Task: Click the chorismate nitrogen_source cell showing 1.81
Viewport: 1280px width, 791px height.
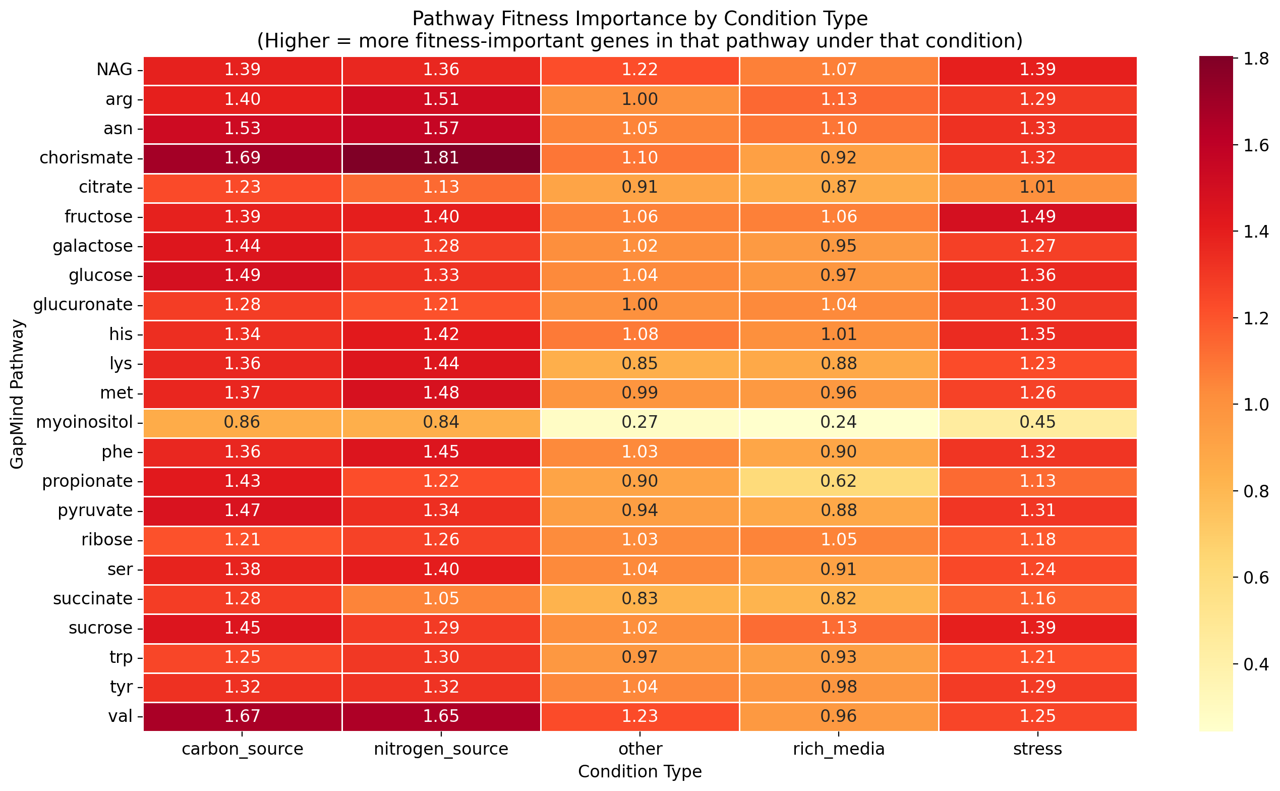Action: click(x=441, y=158)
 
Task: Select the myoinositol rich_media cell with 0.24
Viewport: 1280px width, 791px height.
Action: click(x=839, y=422)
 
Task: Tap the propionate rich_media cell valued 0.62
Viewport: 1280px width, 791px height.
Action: click(x=839, y=481)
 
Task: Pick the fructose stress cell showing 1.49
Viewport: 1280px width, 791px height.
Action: click(x=1037, y=216)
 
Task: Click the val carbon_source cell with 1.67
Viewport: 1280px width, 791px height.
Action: click(x=242, y=716)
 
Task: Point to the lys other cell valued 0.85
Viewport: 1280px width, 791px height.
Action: click(x=639, y=364)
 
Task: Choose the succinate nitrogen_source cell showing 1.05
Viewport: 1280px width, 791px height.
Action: click(x=441, y=598)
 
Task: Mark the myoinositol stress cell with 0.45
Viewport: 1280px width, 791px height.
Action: click(x=1037, y=422)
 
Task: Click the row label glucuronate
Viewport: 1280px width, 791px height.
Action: click(x=83, y=305)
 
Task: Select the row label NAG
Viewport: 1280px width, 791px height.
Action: click(x=114, y=70)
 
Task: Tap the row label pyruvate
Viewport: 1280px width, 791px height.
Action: click(x=95, y=511)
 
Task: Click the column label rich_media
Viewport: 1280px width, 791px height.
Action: click(x=839, y=749)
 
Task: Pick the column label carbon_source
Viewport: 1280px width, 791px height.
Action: click(x=242, y=749)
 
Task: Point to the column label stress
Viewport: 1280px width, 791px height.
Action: click(x=1037, y=749)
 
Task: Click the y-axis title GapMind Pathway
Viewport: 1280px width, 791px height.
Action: click(x=17, y=394)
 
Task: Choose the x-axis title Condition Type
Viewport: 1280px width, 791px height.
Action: click(x=639, y=772)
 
